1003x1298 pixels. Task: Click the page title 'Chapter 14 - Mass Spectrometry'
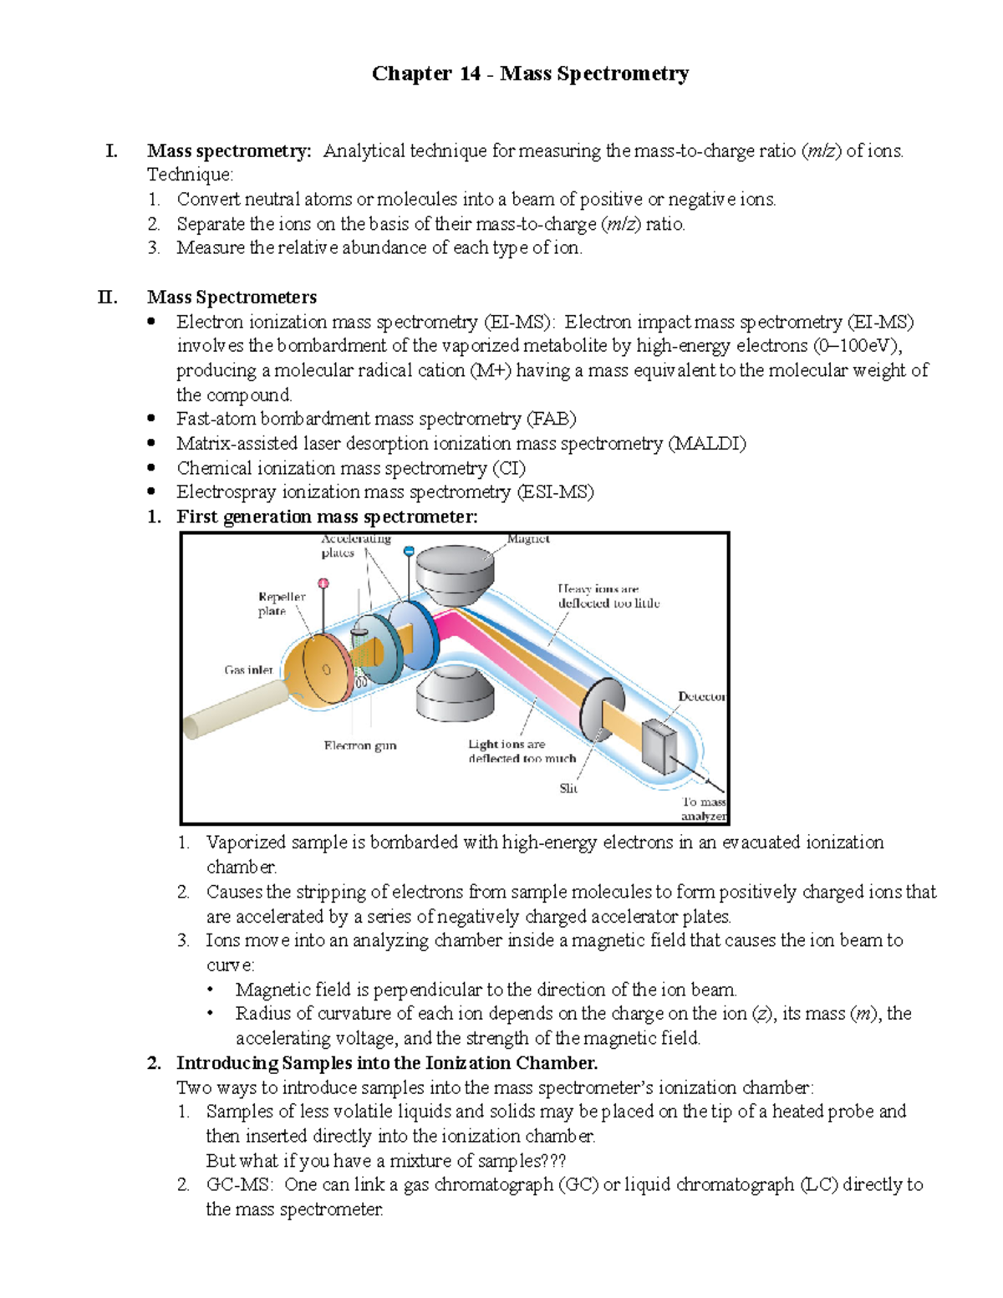(x=530, y=74)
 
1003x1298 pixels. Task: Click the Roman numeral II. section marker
(x=107, y=298)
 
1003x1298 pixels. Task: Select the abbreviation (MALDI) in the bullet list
(x=707, y=444)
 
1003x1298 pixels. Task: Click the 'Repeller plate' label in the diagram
(x=281, y=603)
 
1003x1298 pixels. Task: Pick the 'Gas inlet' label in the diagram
(x=248, y=669)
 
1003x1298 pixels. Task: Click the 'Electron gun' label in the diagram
(x=360, y=746)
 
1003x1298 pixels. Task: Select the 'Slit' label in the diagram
(x=568, y=788)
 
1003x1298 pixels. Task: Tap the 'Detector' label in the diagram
(x=700, y=696)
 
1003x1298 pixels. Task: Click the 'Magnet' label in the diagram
(x=528, y=539)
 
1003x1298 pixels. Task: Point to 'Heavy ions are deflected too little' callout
(x=608, y=596)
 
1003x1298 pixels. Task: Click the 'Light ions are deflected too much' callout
(x=522, y=751)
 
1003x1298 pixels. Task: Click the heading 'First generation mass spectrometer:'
(x=327, y=517)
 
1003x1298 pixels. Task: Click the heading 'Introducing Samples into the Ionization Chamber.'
(x=386, y=1063)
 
